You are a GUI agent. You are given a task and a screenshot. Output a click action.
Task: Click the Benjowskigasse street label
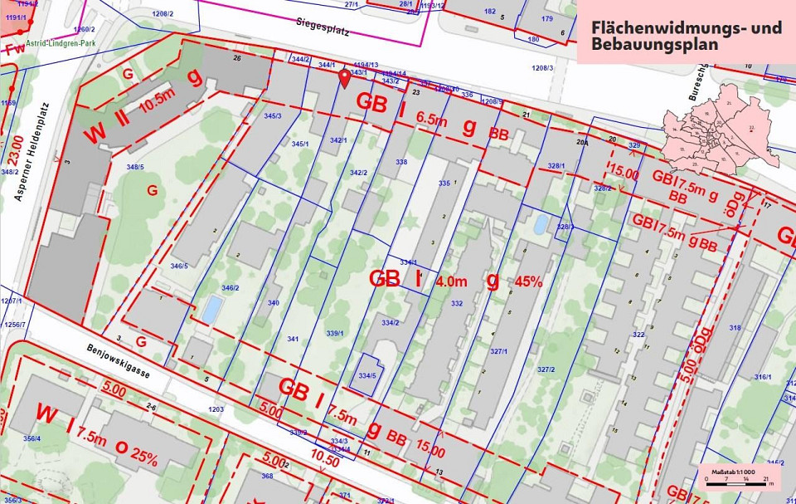tap(119, 362)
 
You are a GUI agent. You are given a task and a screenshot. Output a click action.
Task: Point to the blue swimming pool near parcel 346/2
tap(212, 310)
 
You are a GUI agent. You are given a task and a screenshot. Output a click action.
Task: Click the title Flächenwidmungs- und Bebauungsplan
tap(686, 35)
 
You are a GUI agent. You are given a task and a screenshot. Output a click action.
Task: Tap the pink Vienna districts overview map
tap(718, 129)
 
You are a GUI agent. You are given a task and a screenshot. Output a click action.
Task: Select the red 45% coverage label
tap(528, 281)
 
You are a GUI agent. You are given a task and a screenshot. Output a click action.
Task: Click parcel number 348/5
tap(134, 167)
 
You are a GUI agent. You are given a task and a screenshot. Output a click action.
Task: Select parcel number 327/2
tap(545, 369)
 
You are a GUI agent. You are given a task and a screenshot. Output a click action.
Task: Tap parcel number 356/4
tap(32, 438)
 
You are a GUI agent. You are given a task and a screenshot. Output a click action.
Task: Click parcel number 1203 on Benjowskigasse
tap(216, 409)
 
